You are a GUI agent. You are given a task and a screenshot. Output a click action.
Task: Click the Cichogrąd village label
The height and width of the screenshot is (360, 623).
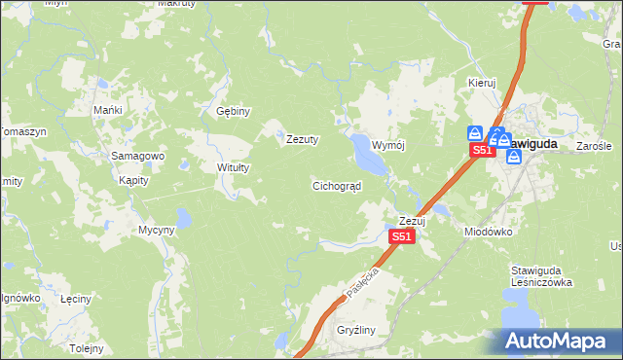[x=337, y=185]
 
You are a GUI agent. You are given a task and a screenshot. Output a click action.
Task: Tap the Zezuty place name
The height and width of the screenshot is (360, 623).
[x=303, y=139]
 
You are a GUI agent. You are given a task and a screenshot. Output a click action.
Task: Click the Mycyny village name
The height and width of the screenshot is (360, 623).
[x=156, y=230]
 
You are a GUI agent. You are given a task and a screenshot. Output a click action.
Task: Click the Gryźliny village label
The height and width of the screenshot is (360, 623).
[x=356, y=331]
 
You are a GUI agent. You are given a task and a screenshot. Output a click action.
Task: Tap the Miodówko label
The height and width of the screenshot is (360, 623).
[x=488, y=232]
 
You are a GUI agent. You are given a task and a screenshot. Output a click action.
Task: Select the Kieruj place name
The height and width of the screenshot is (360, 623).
[x=482, y=83]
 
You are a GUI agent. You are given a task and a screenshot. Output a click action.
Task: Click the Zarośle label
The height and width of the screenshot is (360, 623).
[x=593, y=146]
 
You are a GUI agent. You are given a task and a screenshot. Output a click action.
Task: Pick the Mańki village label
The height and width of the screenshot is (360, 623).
[x=107, y=110]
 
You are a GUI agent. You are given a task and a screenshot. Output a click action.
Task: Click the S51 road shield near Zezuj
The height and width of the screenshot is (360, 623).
[x=402, y=236]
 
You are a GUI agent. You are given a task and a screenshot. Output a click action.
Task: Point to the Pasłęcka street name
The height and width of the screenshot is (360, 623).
[x=362, y=281]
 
